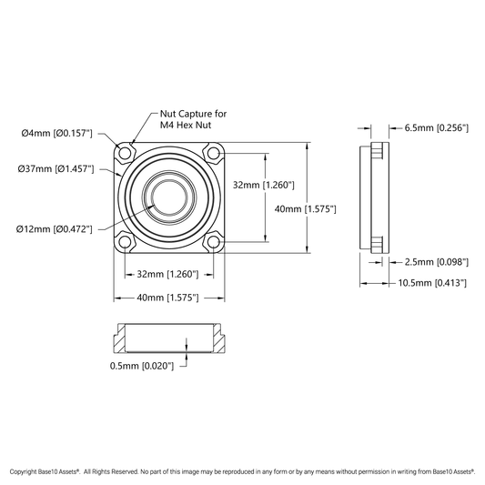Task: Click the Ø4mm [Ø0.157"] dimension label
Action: [x=57, y=134]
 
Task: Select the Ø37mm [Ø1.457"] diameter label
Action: [x=56, y=169]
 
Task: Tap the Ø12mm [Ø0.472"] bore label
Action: [x=55, y=229]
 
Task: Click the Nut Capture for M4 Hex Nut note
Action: [x=193, y=119]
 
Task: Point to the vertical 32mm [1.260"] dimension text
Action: [x=264, y=185]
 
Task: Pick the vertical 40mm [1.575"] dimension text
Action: [x=306, y=209]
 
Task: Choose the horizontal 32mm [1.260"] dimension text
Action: [x=167, y=274]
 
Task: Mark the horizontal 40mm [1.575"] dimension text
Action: [x=167, y=298]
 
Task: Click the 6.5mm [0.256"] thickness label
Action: [x=437, y=127]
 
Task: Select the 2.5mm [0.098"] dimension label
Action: [x=437, y=262]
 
